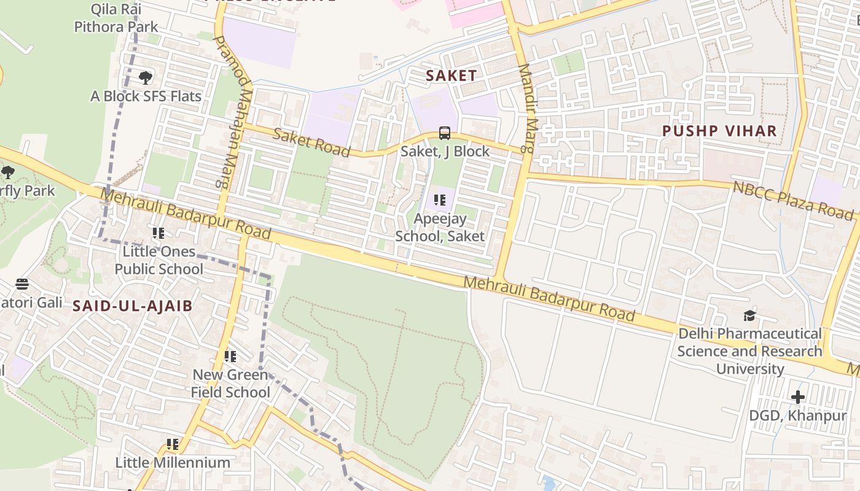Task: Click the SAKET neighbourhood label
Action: pyautogui.click(x=451, y=75)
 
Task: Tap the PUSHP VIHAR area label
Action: pyautogui.click(x=719, y=131)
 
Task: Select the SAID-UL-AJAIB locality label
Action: pyautogui.click(x=133, y=306)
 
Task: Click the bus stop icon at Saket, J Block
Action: pyautogui.click(x=445, y=133)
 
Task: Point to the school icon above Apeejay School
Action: pyautogui.click(x=439, y=200)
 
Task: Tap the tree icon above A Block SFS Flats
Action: pyautogui.click(x=146, y=78)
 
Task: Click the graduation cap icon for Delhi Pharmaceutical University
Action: pyautogui.click(x=749, y=316)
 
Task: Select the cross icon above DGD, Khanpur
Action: pyautogui.click(x=797, y=397)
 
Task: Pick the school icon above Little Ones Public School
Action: pyautogui.click(x=158, y=233)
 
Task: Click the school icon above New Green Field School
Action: pyautogui.click(x=230, y=357)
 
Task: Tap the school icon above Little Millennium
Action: pyautogui.click(x=173, y=444)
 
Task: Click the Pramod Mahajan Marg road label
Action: pyautogui.click(x=233, y=110)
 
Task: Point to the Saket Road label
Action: pyautogui.click(x=311, y=142)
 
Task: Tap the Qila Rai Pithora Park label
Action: pyautogui.click(x=115, y=18)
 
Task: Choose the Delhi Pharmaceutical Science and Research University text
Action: pyautogui.click(x=749, y=351)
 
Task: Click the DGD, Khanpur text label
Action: pyautogui.click(x=797, y=416)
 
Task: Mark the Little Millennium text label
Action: pyautogui.click(x=173, y=462)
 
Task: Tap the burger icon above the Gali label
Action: pyautogui.click(x=22, y=284)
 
